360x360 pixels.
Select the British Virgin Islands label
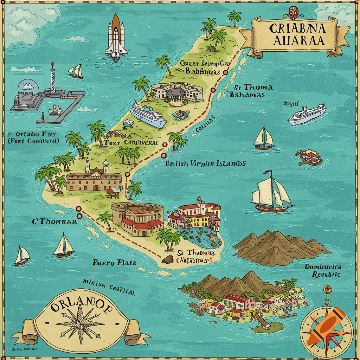pyautogui.click(x=205, y=163)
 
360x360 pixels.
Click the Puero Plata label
pyautogui.click(x=114, y=262)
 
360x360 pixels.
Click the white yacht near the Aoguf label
pyautogui.click(x=307, y=115)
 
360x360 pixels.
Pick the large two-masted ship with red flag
pyautogui.click(x=271, y=193)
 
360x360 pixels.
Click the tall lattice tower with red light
pyautogui.click(x=53, y=79)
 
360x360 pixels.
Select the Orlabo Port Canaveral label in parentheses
pyautogui.click(x=33, y=137)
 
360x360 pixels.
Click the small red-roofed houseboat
pyautogui.click(x=309, y=157)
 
